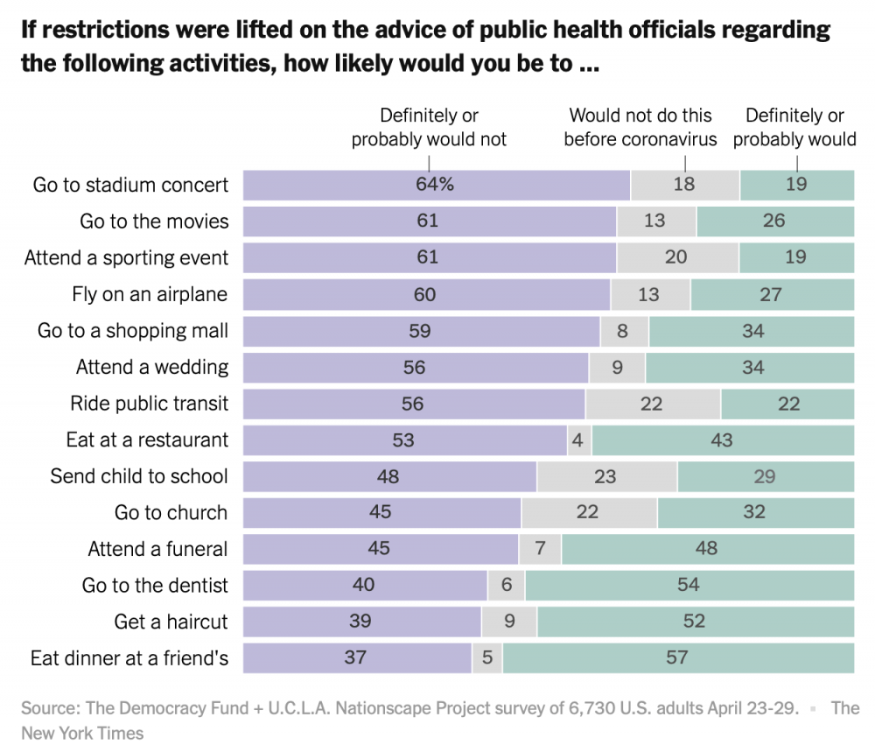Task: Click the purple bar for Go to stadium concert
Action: pos(437,185)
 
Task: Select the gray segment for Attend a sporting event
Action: pos(678,257)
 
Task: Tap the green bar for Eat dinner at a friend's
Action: pos(678,658)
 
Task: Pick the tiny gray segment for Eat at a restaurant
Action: pos(579,440)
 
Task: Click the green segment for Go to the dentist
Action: pos(689,585)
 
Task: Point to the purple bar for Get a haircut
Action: pos(362,622)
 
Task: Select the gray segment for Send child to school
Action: pos(607,476)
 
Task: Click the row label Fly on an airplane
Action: pos(150,294)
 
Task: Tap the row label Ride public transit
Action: pos(149,403)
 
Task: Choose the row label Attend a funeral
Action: pos(157,549)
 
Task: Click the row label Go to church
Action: pos(171,512)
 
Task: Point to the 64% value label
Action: pos(435,184)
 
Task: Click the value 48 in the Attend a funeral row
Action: pos(706,548)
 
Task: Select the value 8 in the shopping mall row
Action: pos(622,331)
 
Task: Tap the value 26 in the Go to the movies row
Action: pos(774,221)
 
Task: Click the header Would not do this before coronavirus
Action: pos(640,127)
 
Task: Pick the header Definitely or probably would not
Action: pos(429,127)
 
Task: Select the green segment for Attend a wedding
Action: pos(750,368)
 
